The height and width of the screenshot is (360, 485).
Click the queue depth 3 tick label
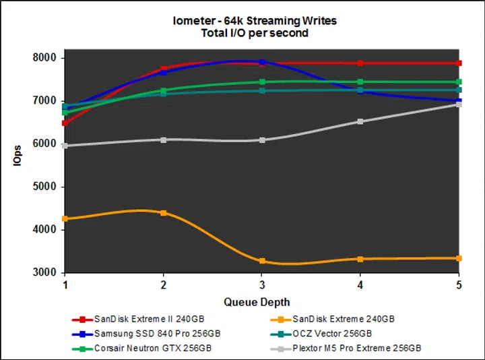[262, 286]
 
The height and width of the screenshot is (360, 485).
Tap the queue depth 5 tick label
[459, 286]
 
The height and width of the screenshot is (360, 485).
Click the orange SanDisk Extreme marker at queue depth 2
[164, 213]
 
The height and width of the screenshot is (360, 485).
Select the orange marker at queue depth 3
[262, 261]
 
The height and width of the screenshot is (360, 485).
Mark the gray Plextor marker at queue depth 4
[360, 121]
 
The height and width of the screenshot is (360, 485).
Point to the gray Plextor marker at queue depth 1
[65, 146]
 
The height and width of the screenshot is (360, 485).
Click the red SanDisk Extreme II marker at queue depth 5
[459, 63]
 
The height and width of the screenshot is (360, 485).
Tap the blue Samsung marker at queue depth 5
[459, 101]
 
